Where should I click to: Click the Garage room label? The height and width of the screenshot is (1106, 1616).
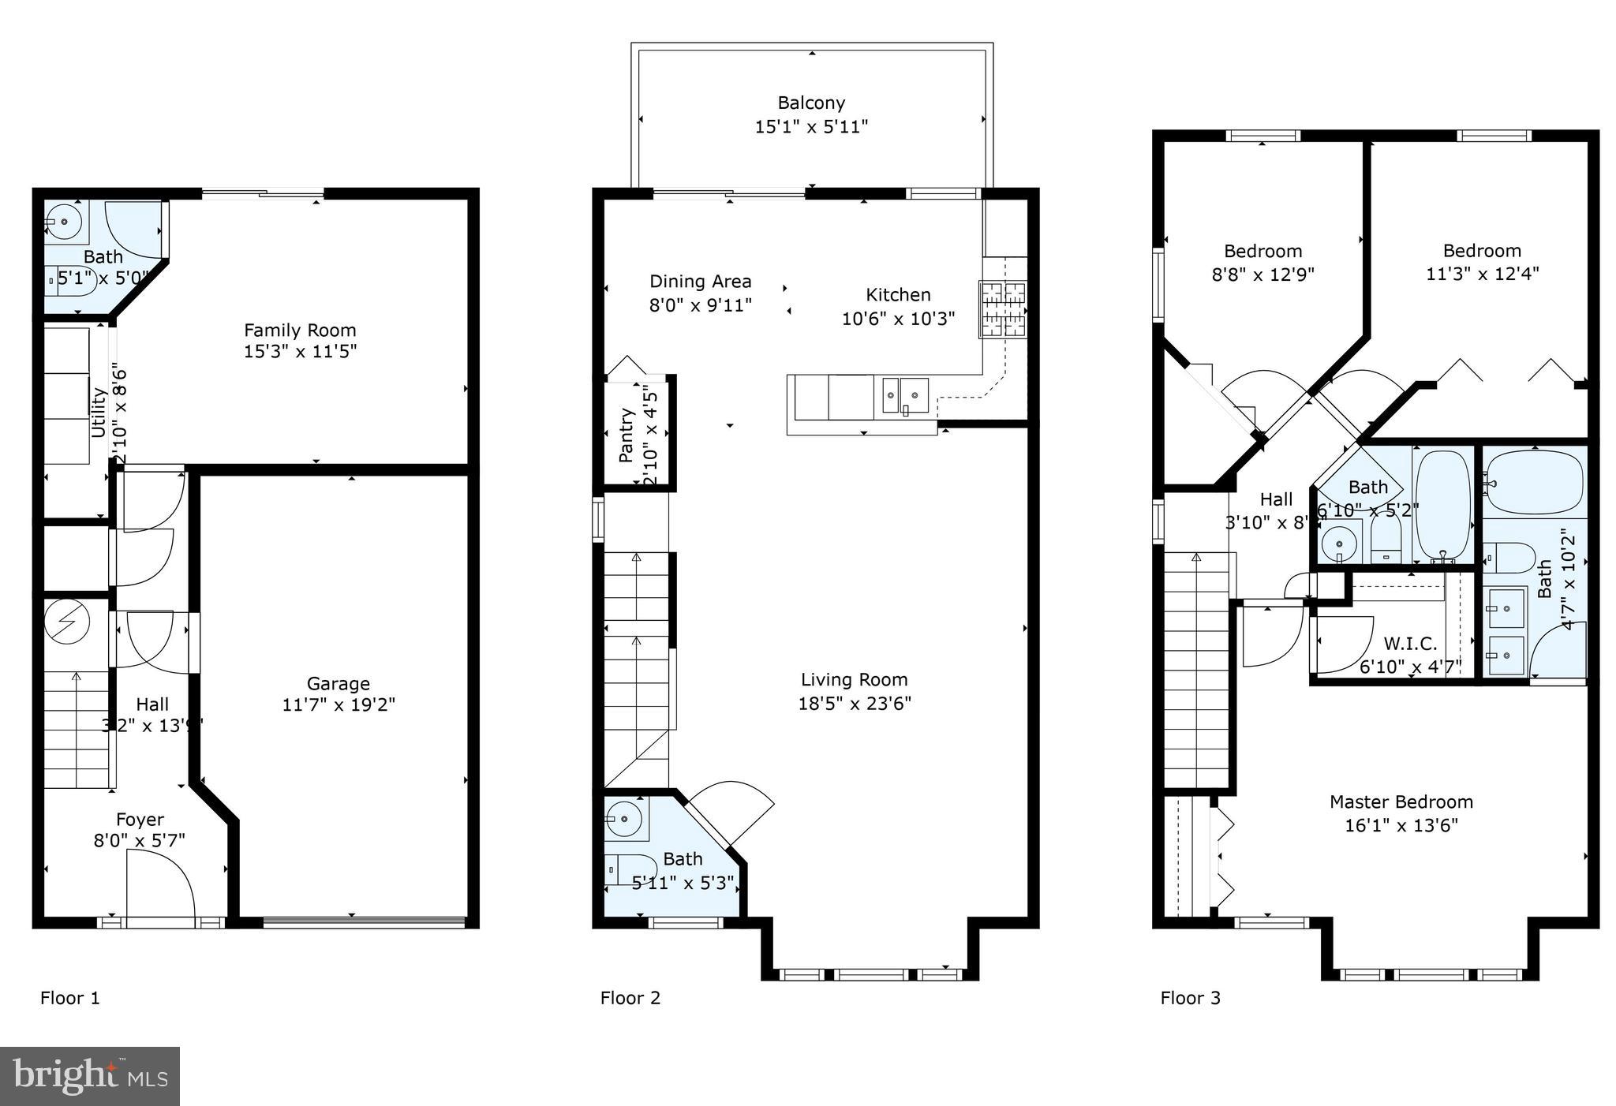(339, 683)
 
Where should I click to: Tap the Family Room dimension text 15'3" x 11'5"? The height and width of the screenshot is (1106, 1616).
(300, 351)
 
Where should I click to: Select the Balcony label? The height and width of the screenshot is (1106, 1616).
(811, 103)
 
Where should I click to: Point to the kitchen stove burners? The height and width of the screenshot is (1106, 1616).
(1003, 309)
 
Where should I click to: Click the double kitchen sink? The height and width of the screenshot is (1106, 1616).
(905, 394)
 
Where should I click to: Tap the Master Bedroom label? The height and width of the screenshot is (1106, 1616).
(1401, 801)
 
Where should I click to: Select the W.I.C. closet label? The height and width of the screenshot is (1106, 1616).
(1410, 644)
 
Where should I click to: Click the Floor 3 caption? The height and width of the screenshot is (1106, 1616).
(1190, 998)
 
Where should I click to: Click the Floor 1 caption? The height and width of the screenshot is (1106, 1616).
(70, 998)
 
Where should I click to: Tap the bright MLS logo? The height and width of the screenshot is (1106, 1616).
(90, 1076)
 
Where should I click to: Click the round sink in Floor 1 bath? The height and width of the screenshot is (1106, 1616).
(64, 222)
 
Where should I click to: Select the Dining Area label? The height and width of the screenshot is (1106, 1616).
(700, 282)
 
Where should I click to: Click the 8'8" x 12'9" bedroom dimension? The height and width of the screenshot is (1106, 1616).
(1262, 275)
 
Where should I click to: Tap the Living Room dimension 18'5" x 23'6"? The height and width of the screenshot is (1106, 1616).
(855, 703)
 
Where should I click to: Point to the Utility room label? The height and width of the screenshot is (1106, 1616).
(99, 411)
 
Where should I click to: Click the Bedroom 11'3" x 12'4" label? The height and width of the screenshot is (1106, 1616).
(1482, 251)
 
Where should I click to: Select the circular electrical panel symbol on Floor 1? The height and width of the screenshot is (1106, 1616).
(64, 622)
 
